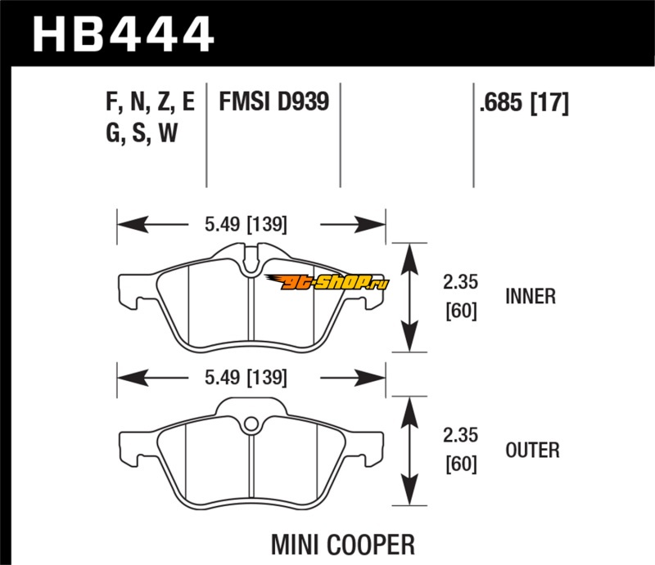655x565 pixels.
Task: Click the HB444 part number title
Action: coord(123,34)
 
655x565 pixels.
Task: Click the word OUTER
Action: coord(532,450)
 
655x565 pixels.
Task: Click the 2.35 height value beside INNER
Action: coord(459,284)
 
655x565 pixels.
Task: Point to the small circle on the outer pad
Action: coord(252,424)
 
